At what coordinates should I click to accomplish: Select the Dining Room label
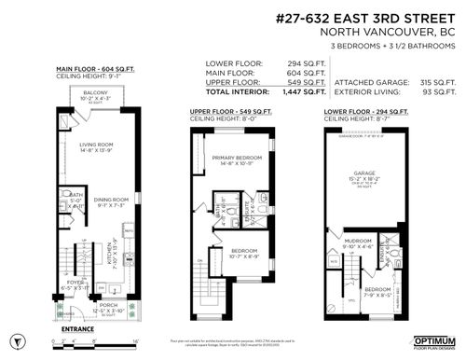point(110,197)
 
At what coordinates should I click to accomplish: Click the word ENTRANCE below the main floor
point(77,327)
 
